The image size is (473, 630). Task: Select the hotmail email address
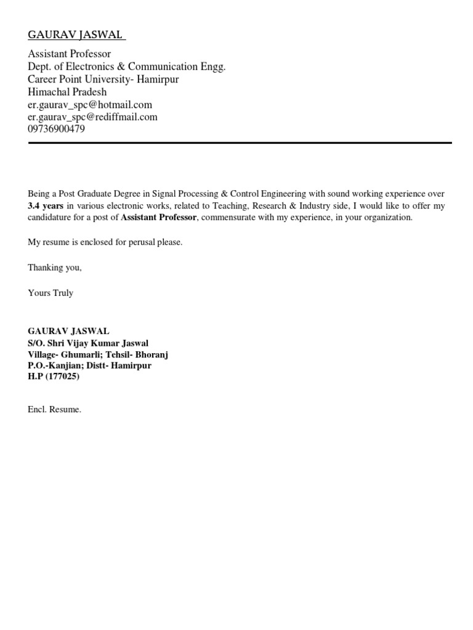[x=90, y=105]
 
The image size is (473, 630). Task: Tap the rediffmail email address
[x=92, y=117]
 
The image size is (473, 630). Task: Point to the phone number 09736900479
[x=57, y=129]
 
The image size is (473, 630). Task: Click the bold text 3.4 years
[x=46, y=205]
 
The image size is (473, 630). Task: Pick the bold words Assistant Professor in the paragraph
[x=158, y=218]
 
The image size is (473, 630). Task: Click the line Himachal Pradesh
[x=67, y=92]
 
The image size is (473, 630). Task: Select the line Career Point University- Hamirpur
[x=103, y=79]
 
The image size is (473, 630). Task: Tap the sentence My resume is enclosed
[x=105, y=242]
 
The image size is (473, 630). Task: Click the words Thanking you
[x=55, y=268]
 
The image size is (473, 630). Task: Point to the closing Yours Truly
[x=51, y=293]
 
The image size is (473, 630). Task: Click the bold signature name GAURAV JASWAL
[x=68, y=331]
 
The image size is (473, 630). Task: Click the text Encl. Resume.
[x=54, y=409]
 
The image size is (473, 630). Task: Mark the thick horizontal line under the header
[x=240, y=143]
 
